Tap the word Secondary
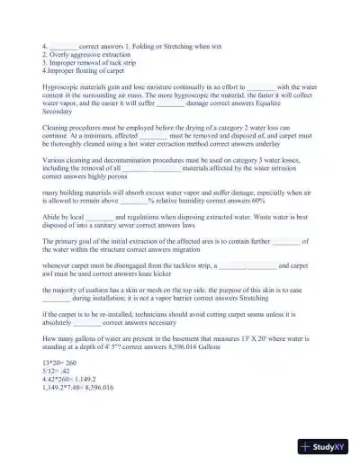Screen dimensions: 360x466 coord(58,112)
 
